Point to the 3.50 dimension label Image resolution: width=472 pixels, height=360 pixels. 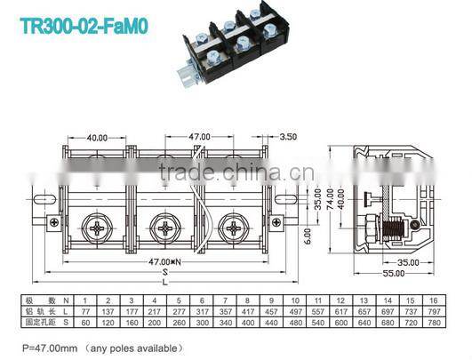click(287, 138)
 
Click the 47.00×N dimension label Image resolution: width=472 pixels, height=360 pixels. click(164, 261)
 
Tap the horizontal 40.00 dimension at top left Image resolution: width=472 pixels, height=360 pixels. click(97, 138)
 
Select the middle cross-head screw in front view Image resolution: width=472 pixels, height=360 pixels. click(166, 229)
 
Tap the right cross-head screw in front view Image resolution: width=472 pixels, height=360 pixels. click(235, 229)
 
